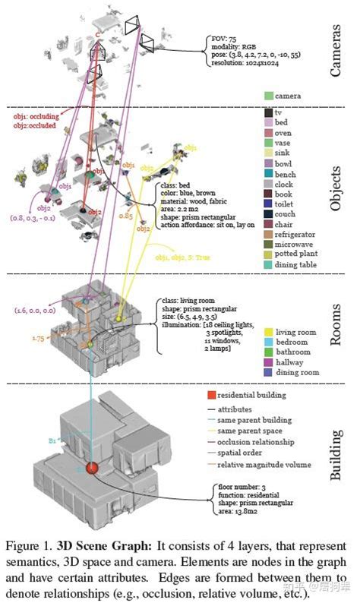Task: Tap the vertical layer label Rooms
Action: (x=336, y=325)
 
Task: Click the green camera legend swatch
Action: (x=269, y=97)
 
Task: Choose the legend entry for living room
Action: (x=295, y=333)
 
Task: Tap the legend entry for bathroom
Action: (x=293, y=352)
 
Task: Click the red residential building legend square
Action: (x=213, y=396)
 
